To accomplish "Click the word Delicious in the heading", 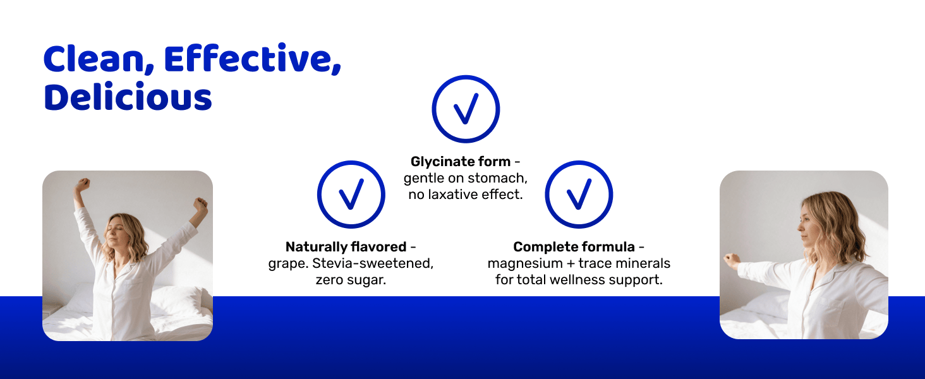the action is coord(128,97).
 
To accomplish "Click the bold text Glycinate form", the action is coord(461,162).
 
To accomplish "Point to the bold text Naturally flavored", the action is coord(346,247).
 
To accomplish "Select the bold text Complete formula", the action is coord(574,247).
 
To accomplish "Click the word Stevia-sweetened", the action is coord(373,263).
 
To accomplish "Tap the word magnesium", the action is coord(525,263).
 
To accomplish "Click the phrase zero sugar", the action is coord(351,280).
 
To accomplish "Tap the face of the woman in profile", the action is coord(807,226).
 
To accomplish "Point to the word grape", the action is coord(288,264).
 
